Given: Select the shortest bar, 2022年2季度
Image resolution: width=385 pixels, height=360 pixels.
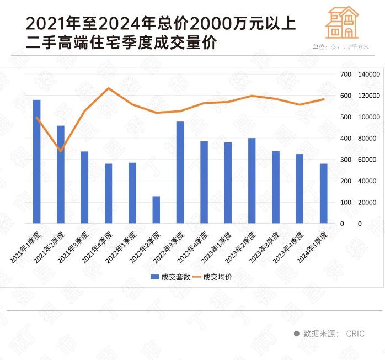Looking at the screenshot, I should [x=156, y=210].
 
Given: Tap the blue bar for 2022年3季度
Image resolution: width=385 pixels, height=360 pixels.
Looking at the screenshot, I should [x=180, y=172].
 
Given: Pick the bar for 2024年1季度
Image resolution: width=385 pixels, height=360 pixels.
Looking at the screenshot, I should [x=323, y=193].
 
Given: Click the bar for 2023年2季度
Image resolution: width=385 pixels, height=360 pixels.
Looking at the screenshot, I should [x=252, y=181].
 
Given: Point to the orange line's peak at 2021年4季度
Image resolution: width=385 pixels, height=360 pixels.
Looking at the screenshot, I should [x=108, y=88].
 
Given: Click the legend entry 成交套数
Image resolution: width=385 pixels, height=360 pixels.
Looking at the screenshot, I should [x=171, y=277].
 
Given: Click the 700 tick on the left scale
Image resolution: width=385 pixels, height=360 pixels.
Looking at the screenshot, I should [x=345, y=75].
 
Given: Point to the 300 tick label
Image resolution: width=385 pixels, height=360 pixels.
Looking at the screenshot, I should [x=345, y=160].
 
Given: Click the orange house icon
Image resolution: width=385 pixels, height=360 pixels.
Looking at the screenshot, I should [x=342, y=23].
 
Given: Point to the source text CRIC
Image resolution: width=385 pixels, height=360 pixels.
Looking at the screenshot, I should [x=355, y=333].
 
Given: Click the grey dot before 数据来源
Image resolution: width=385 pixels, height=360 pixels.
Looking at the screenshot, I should [x=296, y=333].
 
